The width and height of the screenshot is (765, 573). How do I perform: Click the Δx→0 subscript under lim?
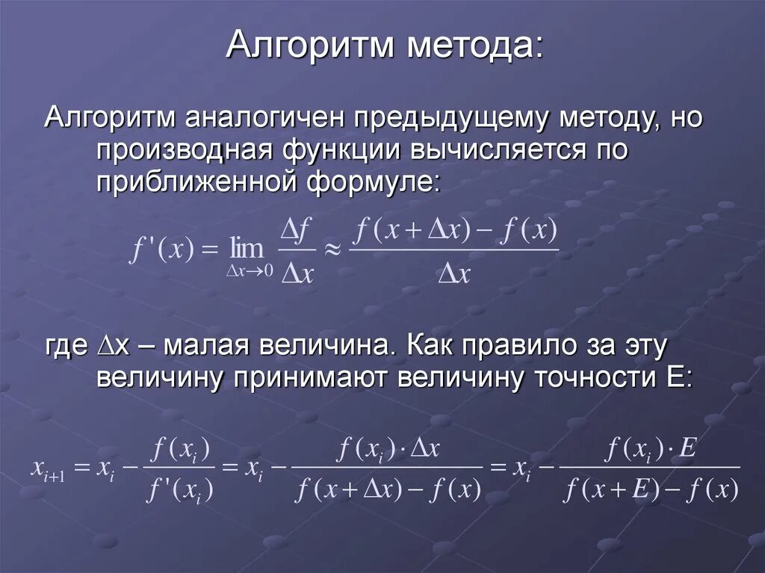tap(250, 272)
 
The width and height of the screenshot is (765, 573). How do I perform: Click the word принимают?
tap(310, 378)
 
